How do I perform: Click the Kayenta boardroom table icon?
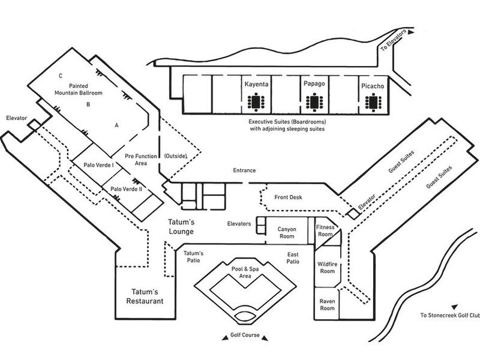pyautogui.click(x=256, y=101)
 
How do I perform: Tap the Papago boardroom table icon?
pyautogui.click(x=314, y=102)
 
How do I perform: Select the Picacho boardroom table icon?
pyautogui.click(x=373, y=102)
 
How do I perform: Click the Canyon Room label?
pyautogui.click(x=287, y=233)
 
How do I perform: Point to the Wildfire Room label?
pyautogui.click(x=327, y=268)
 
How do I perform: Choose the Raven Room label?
pyautogui.click(x=327, y=305)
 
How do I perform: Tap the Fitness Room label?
pyautogui.click(x=325, y=230)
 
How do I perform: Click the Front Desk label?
pyautogui.click(x=288, y=197)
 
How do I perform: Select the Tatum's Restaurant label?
pyautogui.click(x=145, y=296)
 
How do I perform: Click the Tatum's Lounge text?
pyautogui.click(x=181, y=227)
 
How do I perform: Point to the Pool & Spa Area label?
pyautogui.click(x=245, y=272)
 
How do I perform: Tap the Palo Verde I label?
pyautogui.click(x=98, y=165)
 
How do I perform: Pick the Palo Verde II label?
pyautogui.click(x=126, y=189)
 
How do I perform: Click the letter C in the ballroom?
pyautogui.click(x=61, y=76)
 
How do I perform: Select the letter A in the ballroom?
pyautogui.click(x=116, y=125)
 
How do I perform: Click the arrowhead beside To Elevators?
pyautogui.click(x=411, y=32)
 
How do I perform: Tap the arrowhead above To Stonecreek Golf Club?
pyautogui.click(x=455, y=307)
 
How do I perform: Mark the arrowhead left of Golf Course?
pyautogui.click(x=224, y=338)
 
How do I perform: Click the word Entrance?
pyautogui.click(x=244, y=170)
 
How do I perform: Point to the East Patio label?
pyautogui.click(x=293, y=258)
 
